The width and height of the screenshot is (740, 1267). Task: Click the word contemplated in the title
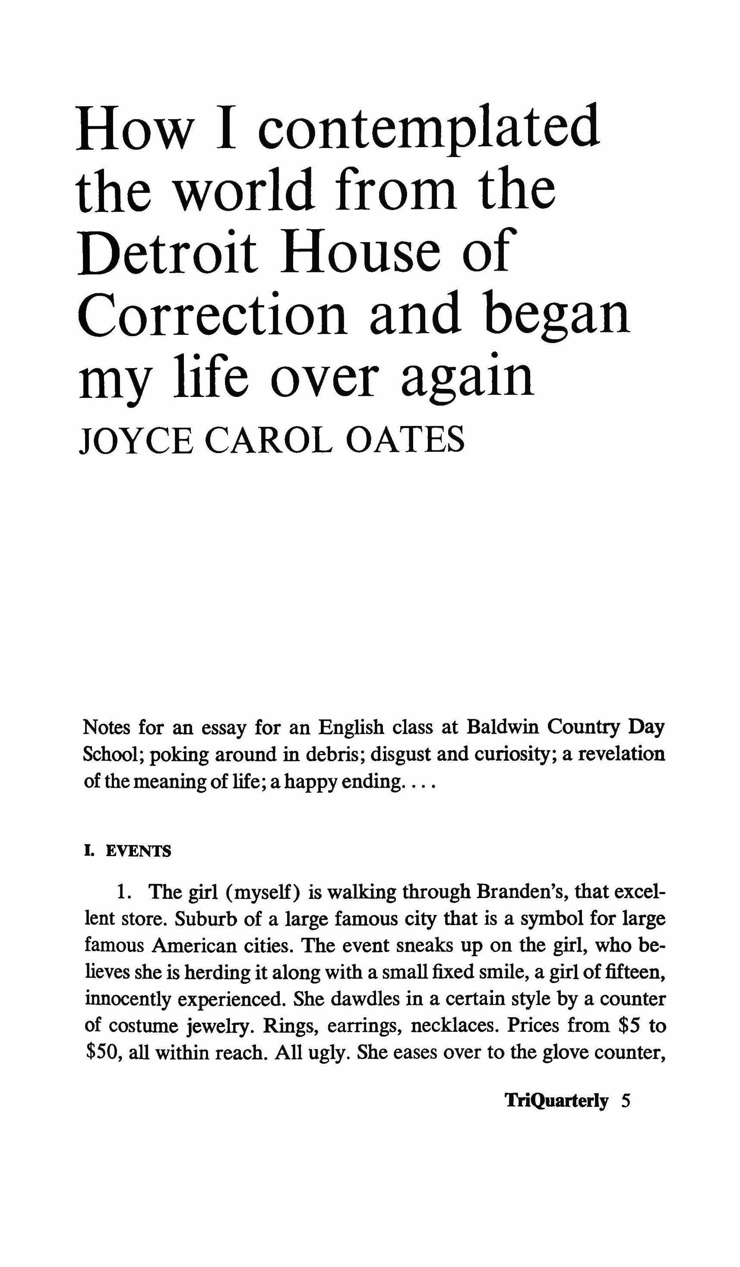[x=429, y=127]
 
